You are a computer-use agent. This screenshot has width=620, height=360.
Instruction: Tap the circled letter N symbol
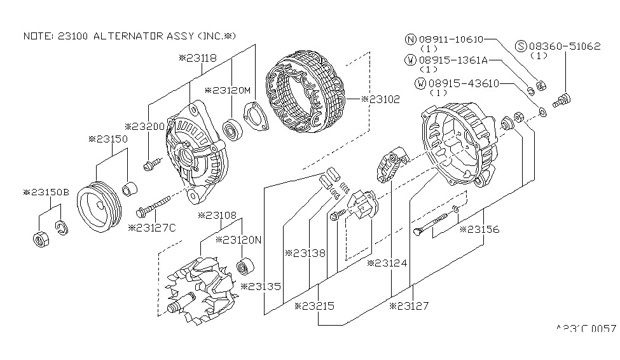(x=411, y=39)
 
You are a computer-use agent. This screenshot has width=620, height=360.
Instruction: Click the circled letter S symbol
(x=521, y=46)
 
